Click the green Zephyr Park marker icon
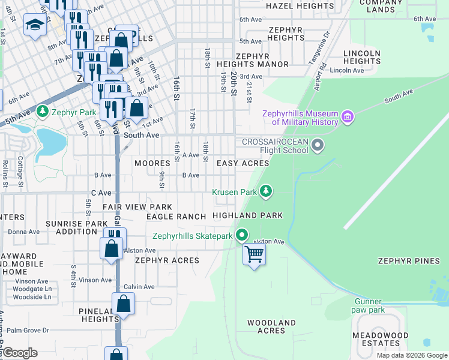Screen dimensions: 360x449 (42, 112)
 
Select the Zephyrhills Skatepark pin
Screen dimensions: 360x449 (242, 235)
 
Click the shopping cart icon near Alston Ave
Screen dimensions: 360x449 (254, 254)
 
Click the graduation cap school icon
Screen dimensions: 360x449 (34, 25)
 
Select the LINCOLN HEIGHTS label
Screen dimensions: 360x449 (361, 57)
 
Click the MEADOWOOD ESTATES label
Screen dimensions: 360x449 (381, 339)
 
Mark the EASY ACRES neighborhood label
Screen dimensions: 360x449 (243, 163)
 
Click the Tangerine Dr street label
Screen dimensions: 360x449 (324, 46)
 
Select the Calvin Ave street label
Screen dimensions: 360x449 (139, 286)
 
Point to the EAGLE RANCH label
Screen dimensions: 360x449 (176, 217)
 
